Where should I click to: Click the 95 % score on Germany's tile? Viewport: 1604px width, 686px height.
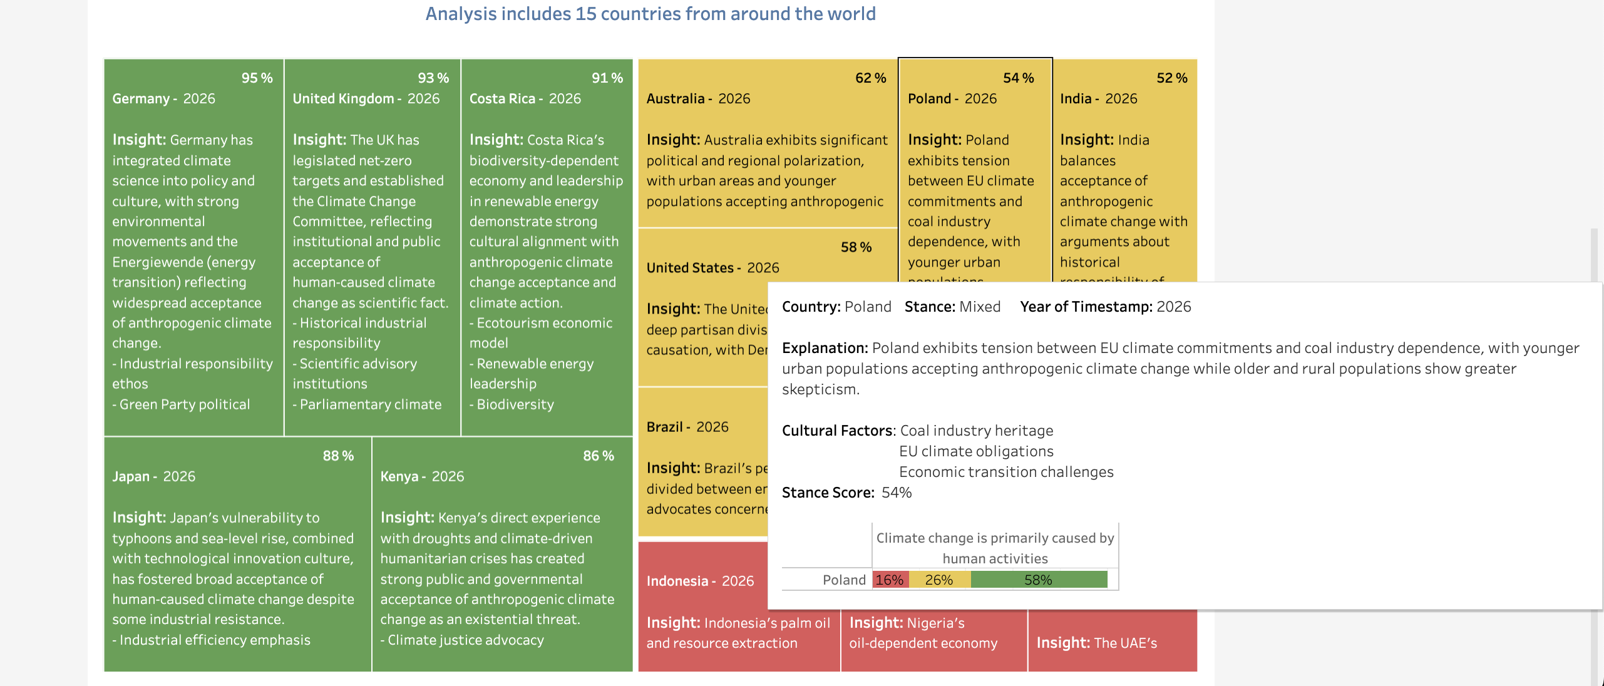pos(257,78)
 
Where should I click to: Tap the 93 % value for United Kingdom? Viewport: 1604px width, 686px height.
pos(433,78)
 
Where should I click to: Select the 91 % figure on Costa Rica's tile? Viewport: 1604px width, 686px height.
pos(607,78)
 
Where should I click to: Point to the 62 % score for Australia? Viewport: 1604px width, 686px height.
pos(870,78)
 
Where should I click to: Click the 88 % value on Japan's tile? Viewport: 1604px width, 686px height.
pos(338,456)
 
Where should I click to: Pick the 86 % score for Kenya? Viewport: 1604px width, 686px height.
pos(599,456)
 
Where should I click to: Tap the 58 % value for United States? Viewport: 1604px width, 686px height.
pos(856,247)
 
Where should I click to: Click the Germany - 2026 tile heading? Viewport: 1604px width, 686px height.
pos(163,99)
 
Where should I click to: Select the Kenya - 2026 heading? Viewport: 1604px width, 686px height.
pos(422,477)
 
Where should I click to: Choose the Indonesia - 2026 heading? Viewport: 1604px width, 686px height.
pos(700,581)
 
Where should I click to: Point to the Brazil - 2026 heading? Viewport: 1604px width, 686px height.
pos(687,427)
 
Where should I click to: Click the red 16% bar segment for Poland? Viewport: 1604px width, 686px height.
pos(890,580)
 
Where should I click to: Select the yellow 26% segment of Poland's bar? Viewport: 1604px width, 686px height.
pos(939,580)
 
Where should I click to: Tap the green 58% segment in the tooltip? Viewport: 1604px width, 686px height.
pos(1038,580)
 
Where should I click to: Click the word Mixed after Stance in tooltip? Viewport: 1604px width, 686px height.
pos(980,307)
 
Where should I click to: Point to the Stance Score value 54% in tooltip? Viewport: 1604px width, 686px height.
pos(897,493)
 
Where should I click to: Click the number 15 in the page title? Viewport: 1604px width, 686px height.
pos(585,14)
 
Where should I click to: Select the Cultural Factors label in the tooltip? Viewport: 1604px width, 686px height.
pos(838,431)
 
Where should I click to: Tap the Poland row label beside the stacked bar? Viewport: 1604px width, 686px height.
pos(844,580)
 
